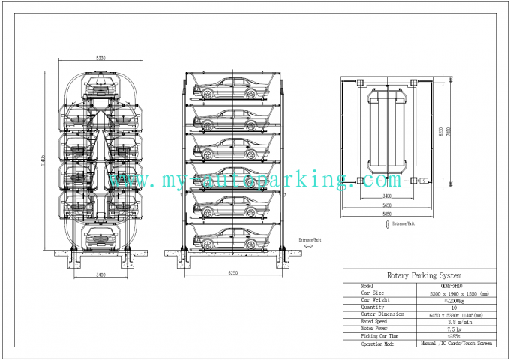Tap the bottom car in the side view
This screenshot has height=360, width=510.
point(233,239)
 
